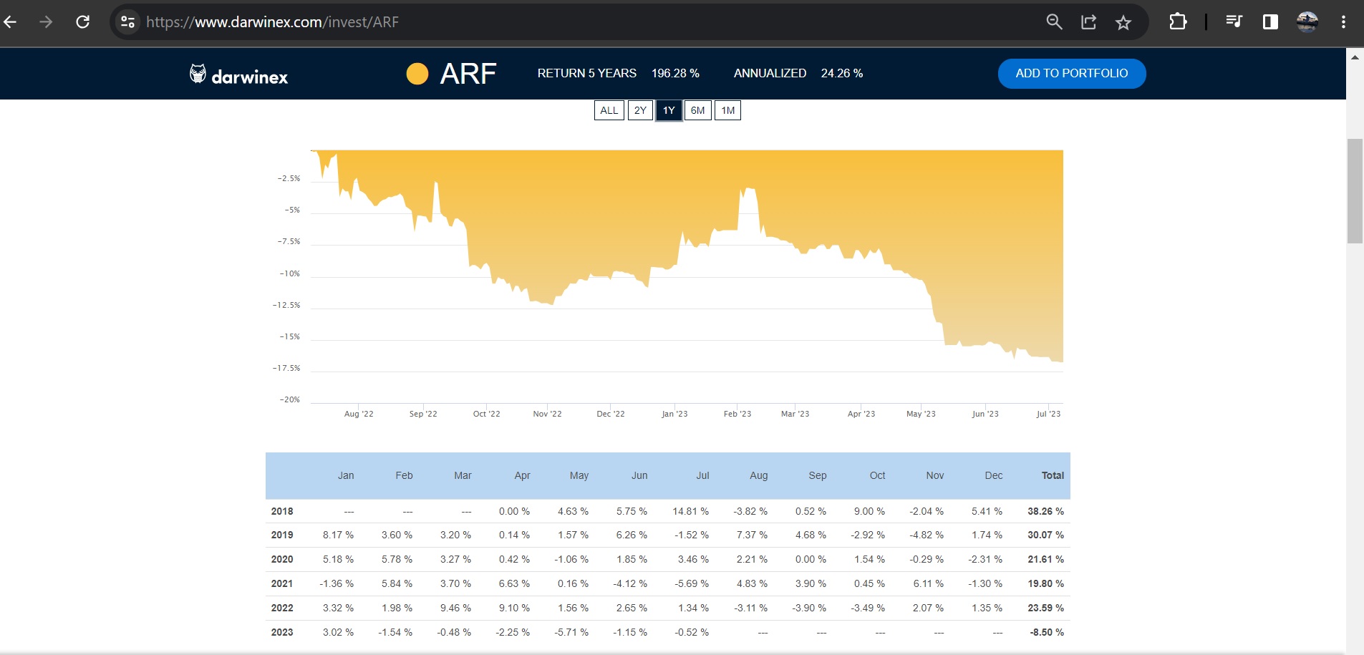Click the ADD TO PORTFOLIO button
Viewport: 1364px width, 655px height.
click(x=1071, y=74)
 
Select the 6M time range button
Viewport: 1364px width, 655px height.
click(x=697, y=110)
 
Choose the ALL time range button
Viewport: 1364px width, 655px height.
click(x=609, y=110)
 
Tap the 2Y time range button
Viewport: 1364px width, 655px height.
click(x=640, y=110)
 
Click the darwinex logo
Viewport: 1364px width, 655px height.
click(x=239, y=75)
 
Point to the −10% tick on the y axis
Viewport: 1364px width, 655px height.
click(x=290, y=273)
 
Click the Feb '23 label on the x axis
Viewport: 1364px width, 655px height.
click(x=737, y=414)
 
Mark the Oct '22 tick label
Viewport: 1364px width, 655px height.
click(x=486, y=414)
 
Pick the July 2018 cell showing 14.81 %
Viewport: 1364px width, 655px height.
click(x=690, y=511)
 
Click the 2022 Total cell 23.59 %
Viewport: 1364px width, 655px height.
click(x=1045, y=608)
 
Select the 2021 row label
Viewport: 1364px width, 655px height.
click(x=282, y=583)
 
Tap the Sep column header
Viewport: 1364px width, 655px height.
click(x=817, y=475)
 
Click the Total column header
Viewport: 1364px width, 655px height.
click(x=1053, y=475)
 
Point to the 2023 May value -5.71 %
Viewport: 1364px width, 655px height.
click(x=571, y=632)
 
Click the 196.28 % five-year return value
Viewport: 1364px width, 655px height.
click(x=675, y=73)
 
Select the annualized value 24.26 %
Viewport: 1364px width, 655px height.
click(x=841, y=73)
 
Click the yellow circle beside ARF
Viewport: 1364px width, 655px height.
click(x=417, y=74)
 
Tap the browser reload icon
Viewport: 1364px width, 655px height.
click(x=83, y=22)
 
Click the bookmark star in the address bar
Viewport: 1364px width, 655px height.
click(x=1123, y=22)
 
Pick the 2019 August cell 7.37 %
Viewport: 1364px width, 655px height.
click(x=752, y=535)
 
